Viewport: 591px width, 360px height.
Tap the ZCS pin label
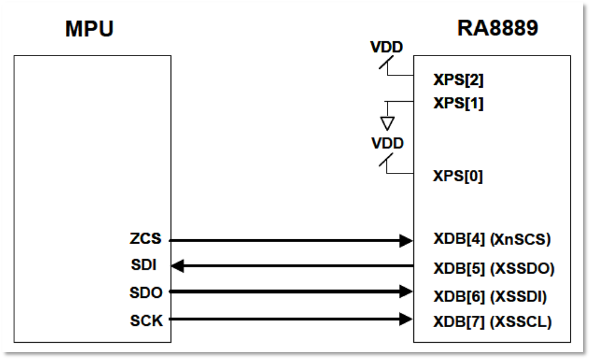145,240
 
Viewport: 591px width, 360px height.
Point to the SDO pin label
145,293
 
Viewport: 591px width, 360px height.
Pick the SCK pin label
145,321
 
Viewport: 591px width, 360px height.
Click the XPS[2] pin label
458,80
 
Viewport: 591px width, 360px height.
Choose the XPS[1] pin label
458,103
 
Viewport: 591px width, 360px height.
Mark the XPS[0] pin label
458,176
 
